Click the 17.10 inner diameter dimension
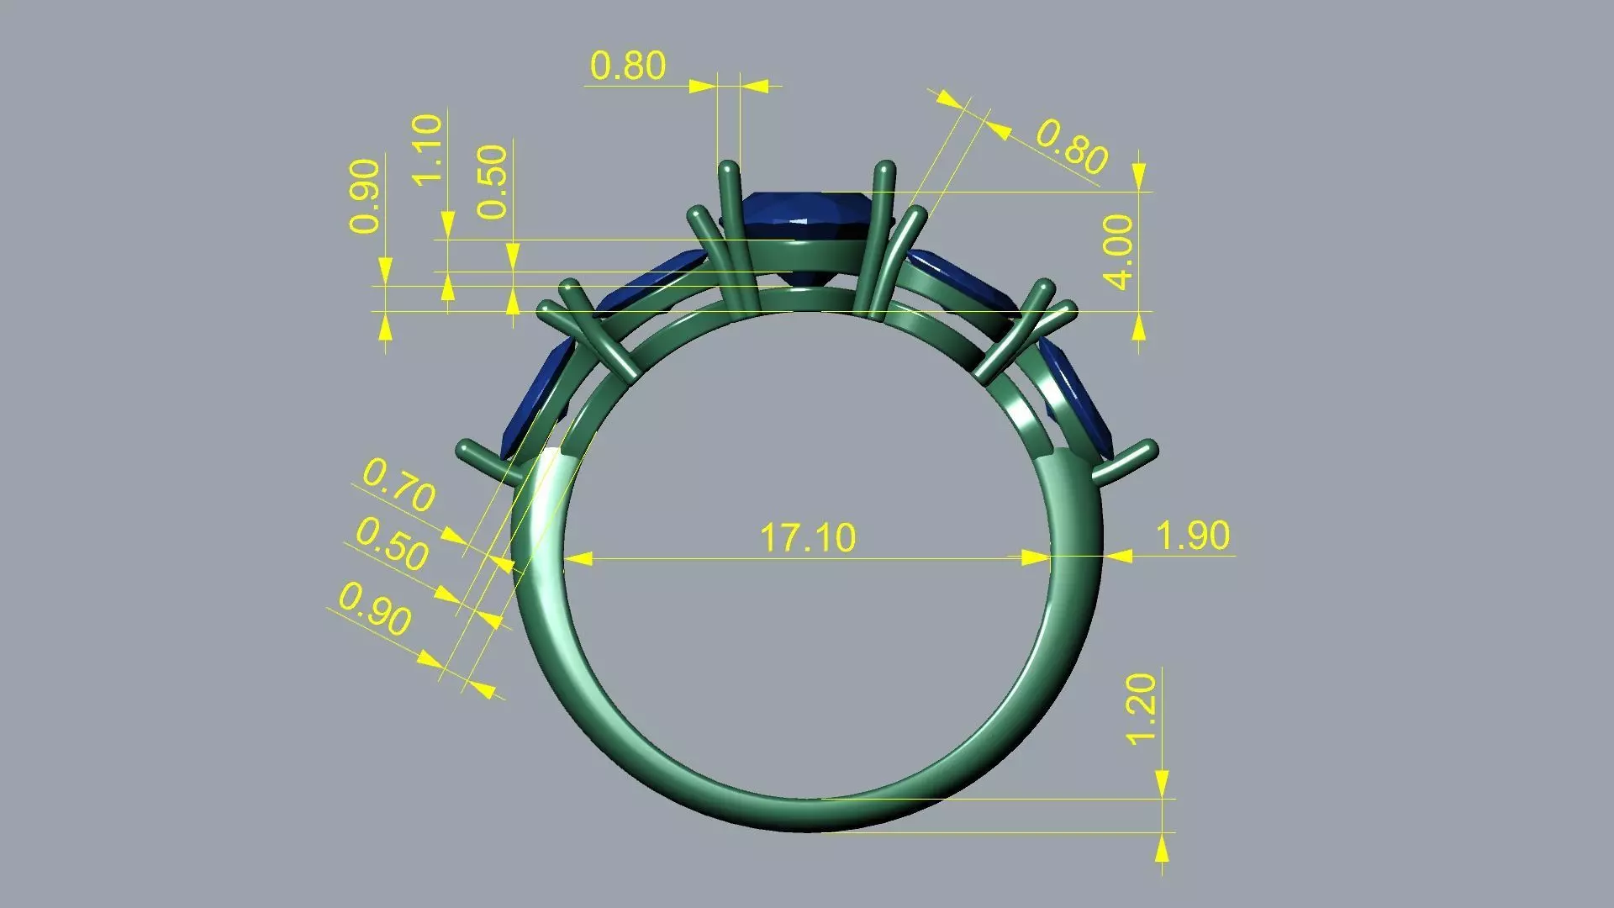[807, 538]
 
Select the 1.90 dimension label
[1192, 536]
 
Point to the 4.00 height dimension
[1120, 251]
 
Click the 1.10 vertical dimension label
[428, 149]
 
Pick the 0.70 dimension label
[398, 485]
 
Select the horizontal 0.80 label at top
[627, 66]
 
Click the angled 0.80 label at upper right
[1071, 146]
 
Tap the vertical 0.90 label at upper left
[366, 196]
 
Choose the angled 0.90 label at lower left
[375, 609]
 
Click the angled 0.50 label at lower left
[392, 544]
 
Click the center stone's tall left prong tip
[728, 167]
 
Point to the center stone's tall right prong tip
[884, 169]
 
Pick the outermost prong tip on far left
[464, 447]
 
